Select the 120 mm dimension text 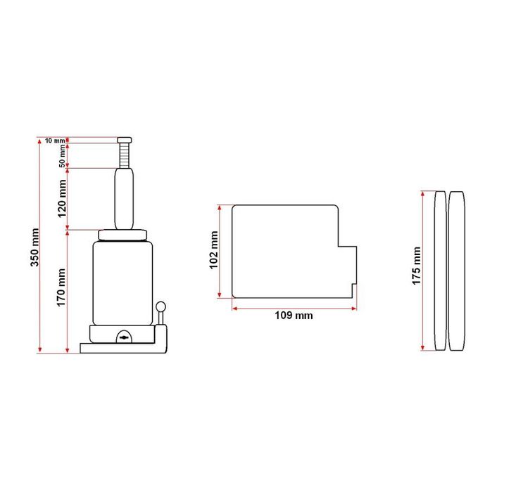pyautogui.click(x=61, y=198)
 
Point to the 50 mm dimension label pyautogui.click(x=62, y=155)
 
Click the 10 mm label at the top pyautogui.click(x=54, y=141)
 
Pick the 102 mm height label pyautogui.click(x=214, y=251)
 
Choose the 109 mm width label pyautogui.click(x=294, y=316)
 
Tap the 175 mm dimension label pyautogui.click(x=416, y=266)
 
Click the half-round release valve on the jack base pyautogui.click(x=124, y=337)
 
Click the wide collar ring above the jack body pyautogui.click(x=122, y=235)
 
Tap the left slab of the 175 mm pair pyautogui.click(x=440, y=271)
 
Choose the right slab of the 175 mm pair pyautogui.click(x=458, y=271)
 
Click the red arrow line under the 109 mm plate pyautogui.click(x=294, y=307)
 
